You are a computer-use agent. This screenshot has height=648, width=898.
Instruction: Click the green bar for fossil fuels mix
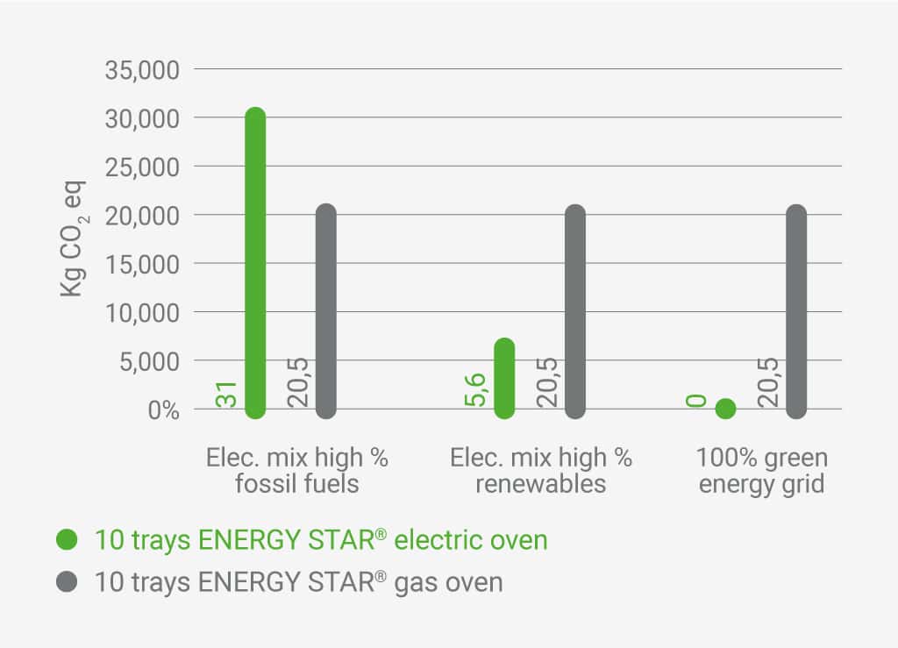pyautogui.click(x=255, y=263)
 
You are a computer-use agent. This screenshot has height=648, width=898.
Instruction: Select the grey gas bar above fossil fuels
pyautogui.click(x=326, y=311)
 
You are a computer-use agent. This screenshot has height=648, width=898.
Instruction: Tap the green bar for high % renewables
pyautogui.click(x=504, y=378)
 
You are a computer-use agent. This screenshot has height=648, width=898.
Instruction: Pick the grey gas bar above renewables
pyautogui.click(x=575, y=311)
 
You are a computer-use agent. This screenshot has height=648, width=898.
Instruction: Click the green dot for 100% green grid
pyautogui.click(x=725, y=409)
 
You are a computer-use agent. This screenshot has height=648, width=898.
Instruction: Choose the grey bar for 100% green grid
pyautogui.click(x=796, y=311)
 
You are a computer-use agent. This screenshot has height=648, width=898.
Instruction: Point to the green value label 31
pyautogui.click(x=227, y=395)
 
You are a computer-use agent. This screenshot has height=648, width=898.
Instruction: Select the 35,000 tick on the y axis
pyautogui.click(x=142, y=69)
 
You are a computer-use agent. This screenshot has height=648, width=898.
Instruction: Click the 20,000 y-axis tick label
pyautogui.click(x=142, y=215)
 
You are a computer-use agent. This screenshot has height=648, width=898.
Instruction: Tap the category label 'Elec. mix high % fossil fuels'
pyautogui.click(x=297, y=470)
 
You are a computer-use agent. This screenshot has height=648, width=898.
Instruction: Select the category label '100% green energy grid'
pyautogui.click(x=761, y=470)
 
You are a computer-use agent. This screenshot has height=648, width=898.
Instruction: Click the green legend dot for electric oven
pyautogui.click(x=67, y=539)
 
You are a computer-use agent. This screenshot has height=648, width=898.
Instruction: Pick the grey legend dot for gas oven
pyautogui.click(x=67, y=581)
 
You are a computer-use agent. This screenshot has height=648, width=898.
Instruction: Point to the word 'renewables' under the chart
pyautogui.click(x=541, y=484)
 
